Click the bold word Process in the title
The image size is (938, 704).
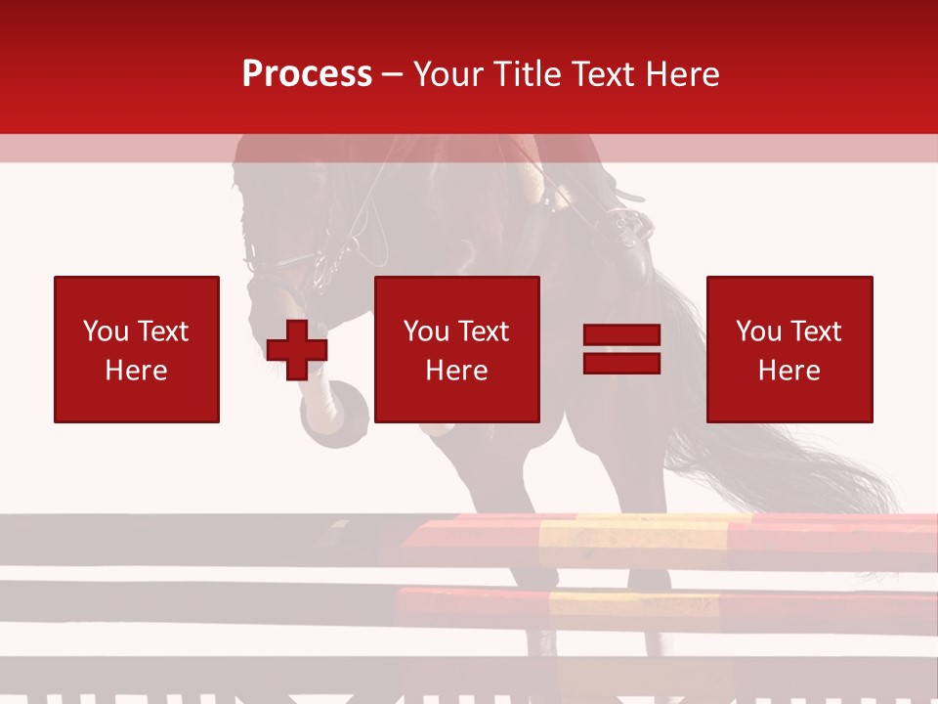[x=307, y=73]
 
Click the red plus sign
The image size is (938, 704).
[x=297, y=350]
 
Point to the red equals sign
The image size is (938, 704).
[x=621, y=349]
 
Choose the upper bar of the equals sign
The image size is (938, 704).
[x=621, y=336]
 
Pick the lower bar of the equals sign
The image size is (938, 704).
[x=621, y=363]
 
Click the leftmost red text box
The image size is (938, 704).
[x=137, y=349]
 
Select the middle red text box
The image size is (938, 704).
[x=456, y=349]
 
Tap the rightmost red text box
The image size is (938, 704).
[x=789, y=349]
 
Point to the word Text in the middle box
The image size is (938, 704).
[x=484, y=331]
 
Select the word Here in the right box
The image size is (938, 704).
[x=789, y=371]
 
